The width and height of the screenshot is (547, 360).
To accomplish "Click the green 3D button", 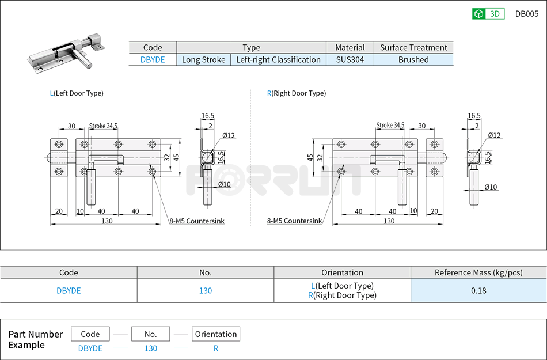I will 488,14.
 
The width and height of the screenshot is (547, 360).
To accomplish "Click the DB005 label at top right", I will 526,14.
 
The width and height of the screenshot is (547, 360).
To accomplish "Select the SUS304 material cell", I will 350,59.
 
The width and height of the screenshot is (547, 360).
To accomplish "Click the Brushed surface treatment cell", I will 413,59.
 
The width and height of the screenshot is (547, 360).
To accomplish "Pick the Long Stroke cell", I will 203,59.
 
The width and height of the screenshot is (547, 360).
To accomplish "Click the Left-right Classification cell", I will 278,59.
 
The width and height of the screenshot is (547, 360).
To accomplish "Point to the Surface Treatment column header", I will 413,47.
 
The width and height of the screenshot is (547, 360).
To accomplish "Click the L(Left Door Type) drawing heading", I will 77,93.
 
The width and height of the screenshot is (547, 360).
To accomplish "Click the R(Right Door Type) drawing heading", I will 296,93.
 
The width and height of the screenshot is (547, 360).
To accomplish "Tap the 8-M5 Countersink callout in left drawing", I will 196,221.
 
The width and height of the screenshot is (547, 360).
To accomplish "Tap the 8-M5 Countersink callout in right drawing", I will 294,221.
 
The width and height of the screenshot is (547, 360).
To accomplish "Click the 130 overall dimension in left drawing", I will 107,221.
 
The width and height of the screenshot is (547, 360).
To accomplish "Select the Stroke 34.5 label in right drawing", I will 390,125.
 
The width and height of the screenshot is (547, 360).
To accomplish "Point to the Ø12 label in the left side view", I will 229,135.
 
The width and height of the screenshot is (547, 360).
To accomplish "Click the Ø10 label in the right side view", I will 491,187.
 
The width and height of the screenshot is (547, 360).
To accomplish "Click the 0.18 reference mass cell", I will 478,290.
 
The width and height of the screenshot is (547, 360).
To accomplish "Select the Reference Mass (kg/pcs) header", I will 478,272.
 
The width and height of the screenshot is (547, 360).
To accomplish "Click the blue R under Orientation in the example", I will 216,348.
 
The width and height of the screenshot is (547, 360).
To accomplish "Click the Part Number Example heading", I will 35,339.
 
